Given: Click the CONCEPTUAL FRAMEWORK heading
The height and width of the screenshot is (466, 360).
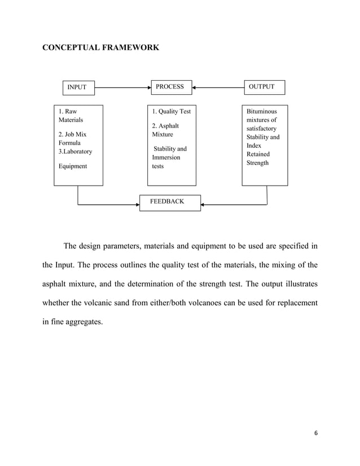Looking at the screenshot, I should tap(101, 49).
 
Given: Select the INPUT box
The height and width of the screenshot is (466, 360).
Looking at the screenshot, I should tap(77, 87).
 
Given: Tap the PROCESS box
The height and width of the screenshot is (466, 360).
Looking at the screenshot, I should tap(170, 87).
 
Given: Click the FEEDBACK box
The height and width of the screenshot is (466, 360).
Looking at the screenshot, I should tap(170, 201).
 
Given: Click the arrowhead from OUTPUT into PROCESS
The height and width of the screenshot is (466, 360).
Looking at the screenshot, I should tap(194, 87).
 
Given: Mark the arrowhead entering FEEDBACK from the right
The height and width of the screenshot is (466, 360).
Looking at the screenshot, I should tap(203, 204).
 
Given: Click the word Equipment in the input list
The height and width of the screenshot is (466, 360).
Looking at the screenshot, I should tap(73, 166).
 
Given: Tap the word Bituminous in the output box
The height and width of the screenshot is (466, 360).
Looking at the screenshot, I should tap(261, 111).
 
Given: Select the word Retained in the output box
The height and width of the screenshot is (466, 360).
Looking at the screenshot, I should tap(258, 154).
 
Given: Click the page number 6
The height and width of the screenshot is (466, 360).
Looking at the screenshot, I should tap(316, 433).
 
